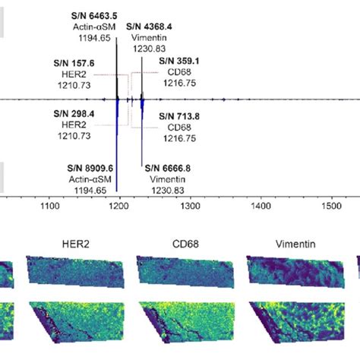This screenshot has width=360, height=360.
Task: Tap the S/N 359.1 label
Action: coord(179,61)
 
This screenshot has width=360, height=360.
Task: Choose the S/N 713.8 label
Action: coord(179,115)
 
